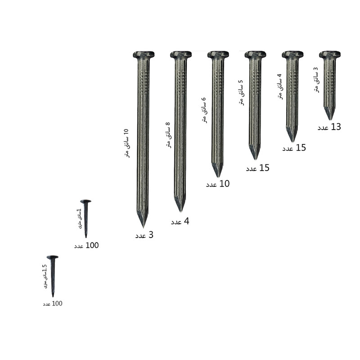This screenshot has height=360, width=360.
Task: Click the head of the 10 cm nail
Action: (144, 54)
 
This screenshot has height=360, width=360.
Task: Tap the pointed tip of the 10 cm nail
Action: (143, 228)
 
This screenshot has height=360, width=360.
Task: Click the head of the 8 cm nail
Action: (181, 54)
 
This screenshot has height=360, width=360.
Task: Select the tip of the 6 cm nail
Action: (218, 177)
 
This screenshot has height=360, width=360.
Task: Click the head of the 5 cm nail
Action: (255, 54)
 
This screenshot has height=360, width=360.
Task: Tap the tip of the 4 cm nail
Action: (292, 142)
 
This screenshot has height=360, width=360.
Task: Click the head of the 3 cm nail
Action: (330, 54)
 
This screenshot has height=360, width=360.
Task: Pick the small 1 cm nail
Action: (86, 219)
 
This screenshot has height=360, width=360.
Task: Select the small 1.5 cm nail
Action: (53, 276)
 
